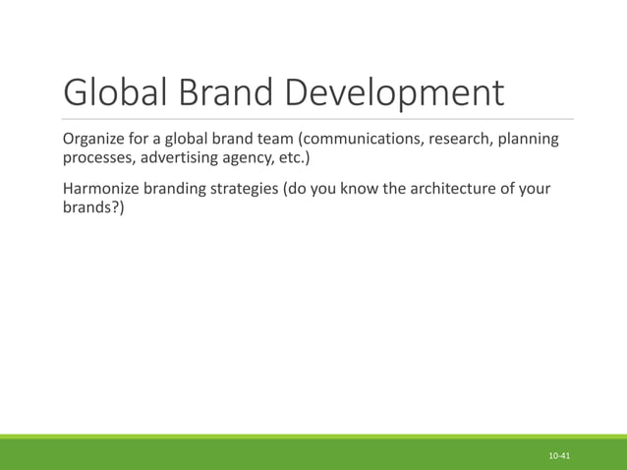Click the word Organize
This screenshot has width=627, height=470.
point(95,139)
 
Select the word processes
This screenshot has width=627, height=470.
point(97,158)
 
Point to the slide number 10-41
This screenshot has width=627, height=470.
point(560,457)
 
